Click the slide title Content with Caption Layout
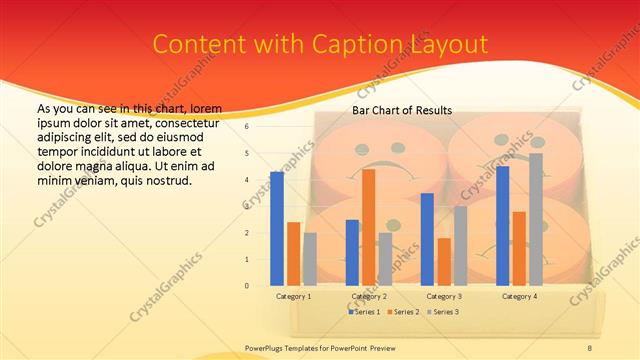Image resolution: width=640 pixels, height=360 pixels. point(320,45)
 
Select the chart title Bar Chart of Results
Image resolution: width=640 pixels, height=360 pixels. point(402,110)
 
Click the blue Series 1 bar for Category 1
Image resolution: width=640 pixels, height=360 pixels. point(277,229)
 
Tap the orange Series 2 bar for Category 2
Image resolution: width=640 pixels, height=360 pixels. point(368,227)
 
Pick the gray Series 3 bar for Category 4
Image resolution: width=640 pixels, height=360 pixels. point(536,219)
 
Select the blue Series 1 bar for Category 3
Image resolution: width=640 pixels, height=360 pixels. point(427,239)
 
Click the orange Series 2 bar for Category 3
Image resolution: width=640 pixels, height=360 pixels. point(444,261)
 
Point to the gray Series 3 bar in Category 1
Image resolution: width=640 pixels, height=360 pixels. point(310,259)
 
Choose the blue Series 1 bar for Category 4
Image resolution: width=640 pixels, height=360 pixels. point(502,225)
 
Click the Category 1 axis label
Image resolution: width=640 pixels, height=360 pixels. point(293,296)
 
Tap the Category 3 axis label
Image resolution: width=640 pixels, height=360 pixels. point(444,296)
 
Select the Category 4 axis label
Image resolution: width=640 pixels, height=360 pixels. point(519,296)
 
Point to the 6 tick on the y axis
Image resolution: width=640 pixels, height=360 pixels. point(246,127)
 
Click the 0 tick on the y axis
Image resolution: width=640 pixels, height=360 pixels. point(246,285)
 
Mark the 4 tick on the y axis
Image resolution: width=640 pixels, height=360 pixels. point(246,180)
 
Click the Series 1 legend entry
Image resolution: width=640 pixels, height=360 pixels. point(365,312)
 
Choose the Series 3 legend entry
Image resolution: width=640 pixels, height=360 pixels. point(445,312)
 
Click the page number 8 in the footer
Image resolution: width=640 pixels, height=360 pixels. point(589,347)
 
